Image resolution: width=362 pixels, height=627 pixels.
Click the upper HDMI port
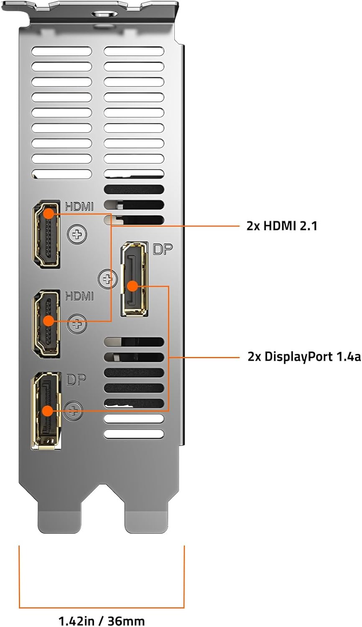[x=46, y=234]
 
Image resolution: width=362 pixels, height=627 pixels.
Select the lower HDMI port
[x=46, y=324]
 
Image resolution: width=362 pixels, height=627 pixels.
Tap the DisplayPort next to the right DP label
[x=134, y=279]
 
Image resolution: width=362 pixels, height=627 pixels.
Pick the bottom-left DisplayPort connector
[x=46, y=410]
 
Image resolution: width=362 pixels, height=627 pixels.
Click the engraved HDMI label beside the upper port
[x=79, y=206]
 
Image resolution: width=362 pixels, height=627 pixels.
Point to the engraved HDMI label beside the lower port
[x=79, y=296]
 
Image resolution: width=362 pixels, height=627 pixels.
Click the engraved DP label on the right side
[x=163, y=249]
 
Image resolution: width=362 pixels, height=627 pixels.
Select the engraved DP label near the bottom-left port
[x=76, y=380]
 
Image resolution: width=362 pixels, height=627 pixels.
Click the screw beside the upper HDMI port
[x=77, y=234]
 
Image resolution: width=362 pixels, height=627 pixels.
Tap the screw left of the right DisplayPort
[x=108, y=279]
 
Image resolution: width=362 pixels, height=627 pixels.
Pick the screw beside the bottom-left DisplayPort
[x=73, y=410]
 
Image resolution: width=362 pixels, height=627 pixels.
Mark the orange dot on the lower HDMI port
[x=49, y=321]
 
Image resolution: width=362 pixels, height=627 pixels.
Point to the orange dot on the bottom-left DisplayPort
[x=48, y=411]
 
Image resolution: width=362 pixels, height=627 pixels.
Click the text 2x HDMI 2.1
[x=282, y=226]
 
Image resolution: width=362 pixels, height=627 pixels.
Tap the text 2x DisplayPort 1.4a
[x=304, y=357]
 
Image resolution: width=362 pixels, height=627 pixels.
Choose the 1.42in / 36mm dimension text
[x=102, y=620]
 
